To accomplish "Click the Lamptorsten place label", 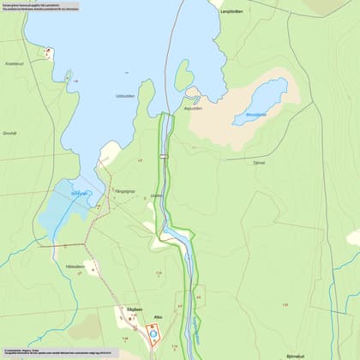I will tap(232, 11).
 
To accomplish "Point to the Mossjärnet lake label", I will tap(256, 113).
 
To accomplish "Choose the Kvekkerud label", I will tap(14, 63).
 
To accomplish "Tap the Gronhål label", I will tap(9, 133).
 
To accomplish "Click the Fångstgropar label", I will tap(125, 190).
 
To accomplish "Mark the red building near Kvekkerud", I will tap(49, 51).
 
